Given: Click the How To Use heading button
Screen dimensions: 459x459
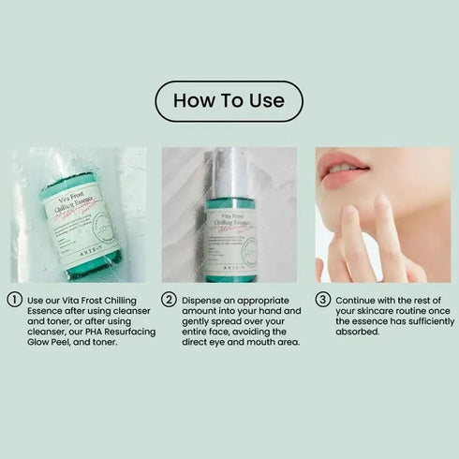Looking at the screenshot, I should (x=229, y=101).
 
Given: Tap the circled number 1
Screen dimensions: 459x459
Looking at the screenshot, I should (x=14, y=300).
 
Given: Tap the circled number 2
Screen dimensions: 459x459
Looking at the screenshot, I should (x=169, y=300).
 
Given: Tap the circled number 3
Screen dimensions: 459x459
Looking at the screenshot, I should (x=322, y=300).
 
